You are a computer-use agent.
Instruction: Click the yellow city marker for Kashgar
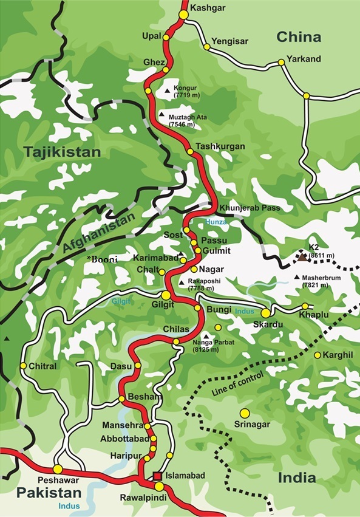(183, 14)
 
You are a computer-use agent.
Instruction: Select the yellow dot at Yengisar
(207, 46)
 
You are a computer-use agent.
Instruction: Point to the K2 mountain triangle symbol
(302, 257)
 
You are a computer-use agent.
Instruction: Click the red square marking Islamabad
(157, 476)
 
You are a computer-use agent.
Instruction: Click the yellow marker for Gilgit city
(166, 295)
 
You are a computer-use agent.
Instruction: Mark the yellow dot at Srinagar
(245, 413)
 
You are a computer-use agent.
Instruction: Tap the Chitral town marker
(23, 366)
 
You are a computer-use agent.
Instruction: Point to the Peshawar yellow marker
(58, 469)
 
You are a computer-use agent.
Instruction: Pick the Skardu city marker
(265, 312)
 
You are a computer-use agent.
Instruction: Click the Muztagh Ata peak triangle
(161, 114)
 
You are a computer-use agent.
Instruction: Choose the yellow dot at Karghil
(317, 355)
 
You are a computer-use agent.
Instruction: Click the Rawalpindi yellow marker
(159, 487)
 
